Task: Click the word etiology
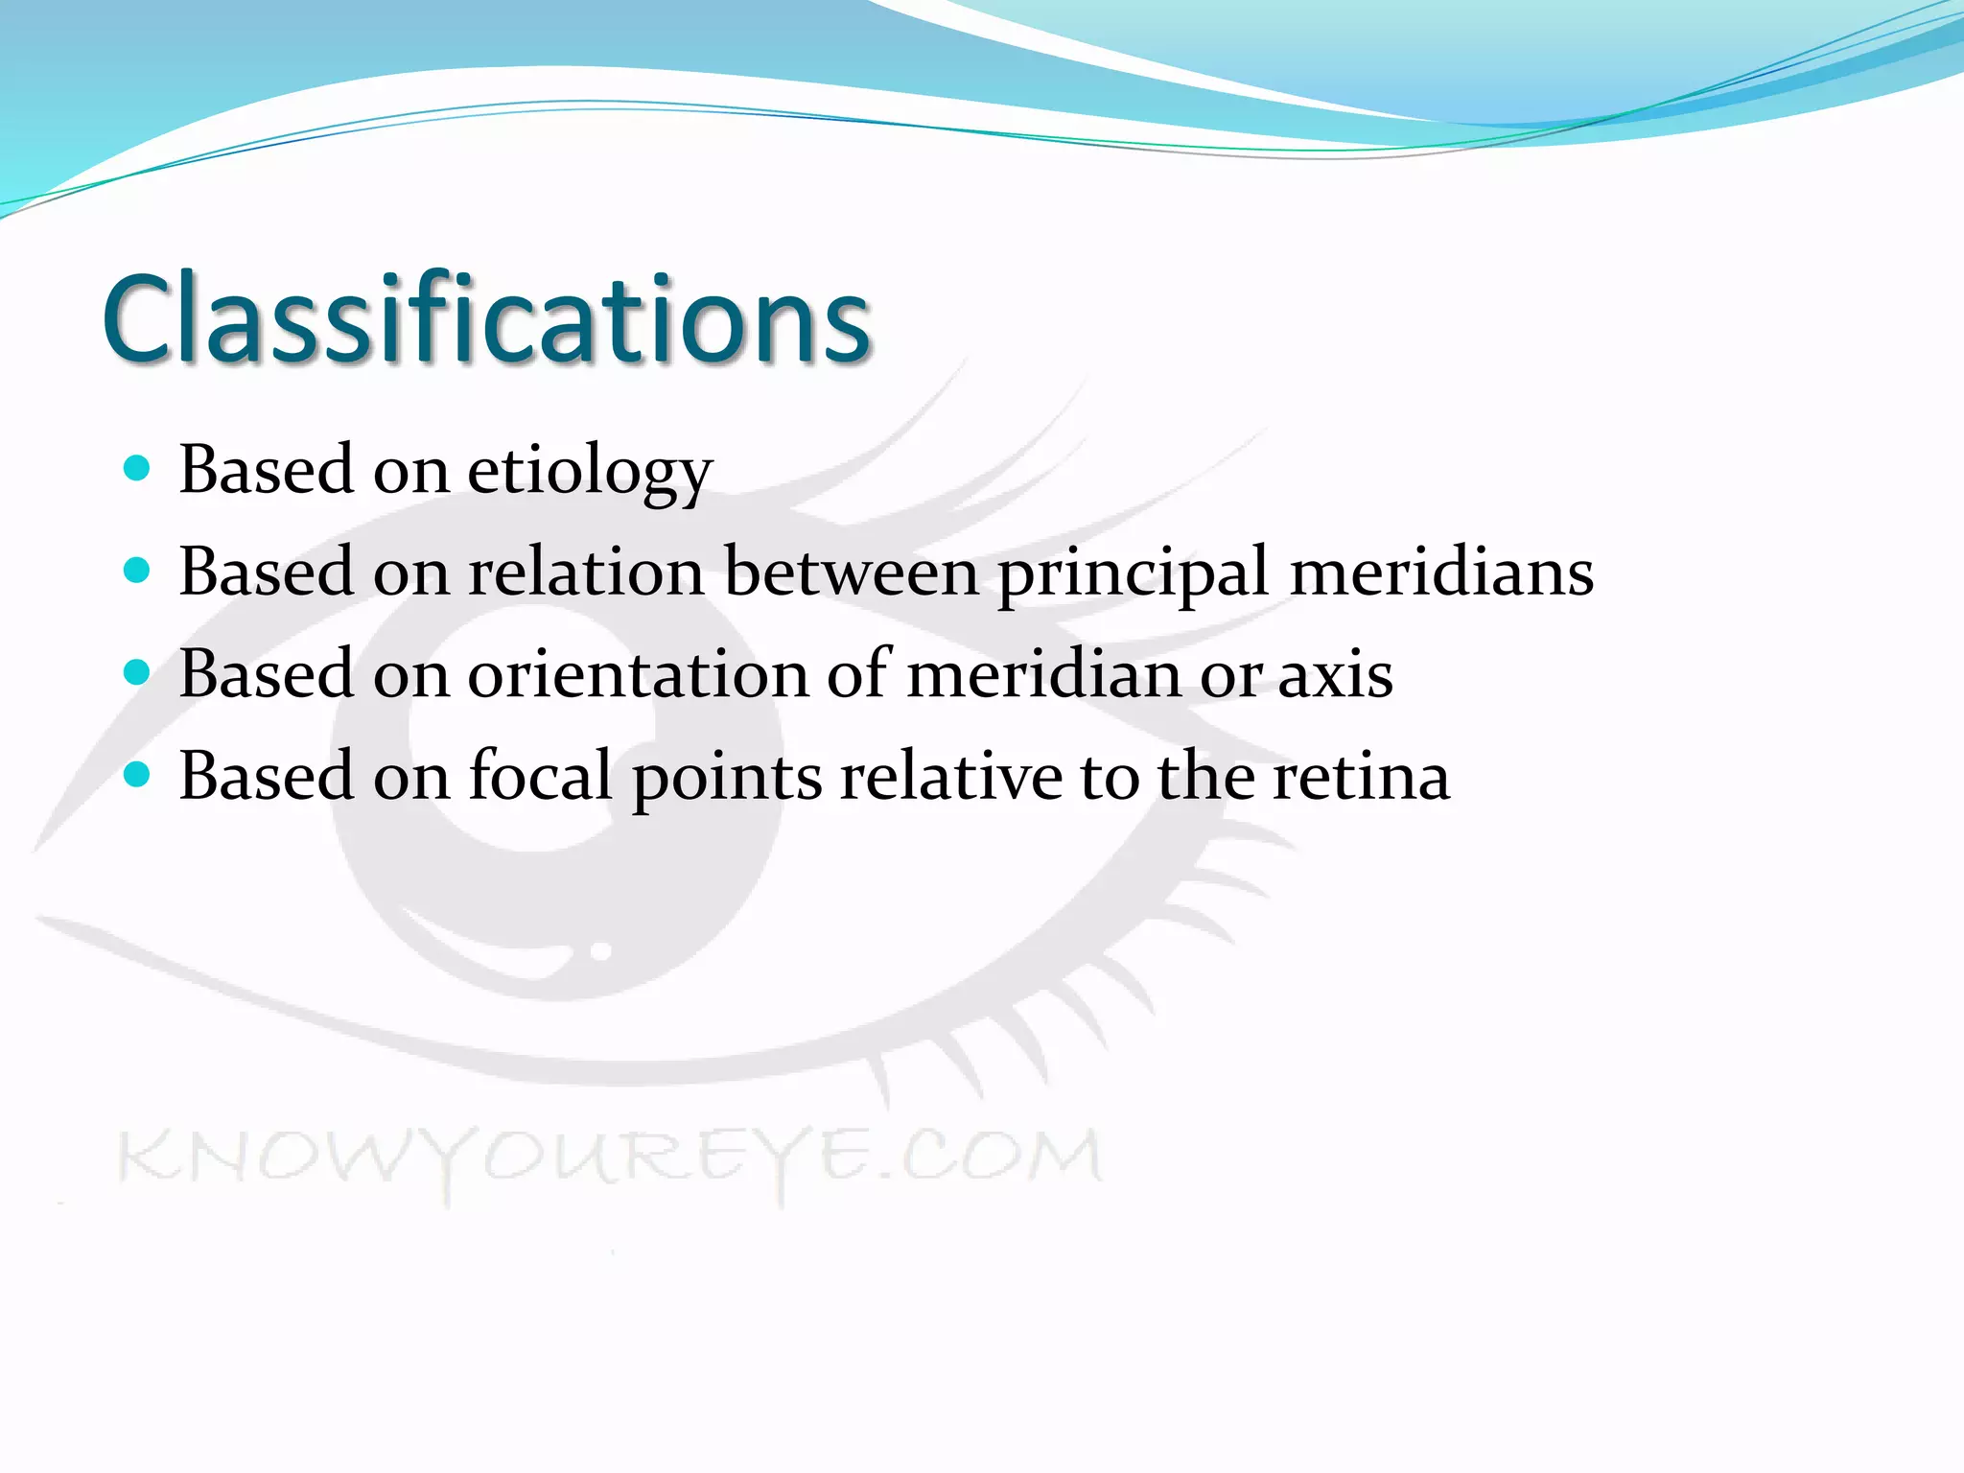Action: pos(590,472)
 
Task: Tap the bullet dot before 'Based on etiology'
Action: pos(138,468)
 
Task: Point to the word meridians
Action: pos(1441,573)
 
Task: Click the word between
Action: pos(851,573)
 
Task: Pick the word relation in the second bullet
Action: pos(586,573)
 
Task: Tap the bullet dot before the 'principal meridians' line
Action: pos(138,571)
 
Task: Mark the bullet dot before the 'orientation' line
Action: pos(138,672)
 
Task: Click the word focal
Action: pos(540,776)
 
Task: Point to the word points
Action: pos(727,778)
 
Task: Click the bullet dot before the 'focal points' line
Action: pos(138,775)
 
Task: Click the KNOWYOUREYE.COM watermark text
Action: pos(610,1157)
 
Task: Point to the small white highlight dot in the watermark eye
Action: pos(601,952)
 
